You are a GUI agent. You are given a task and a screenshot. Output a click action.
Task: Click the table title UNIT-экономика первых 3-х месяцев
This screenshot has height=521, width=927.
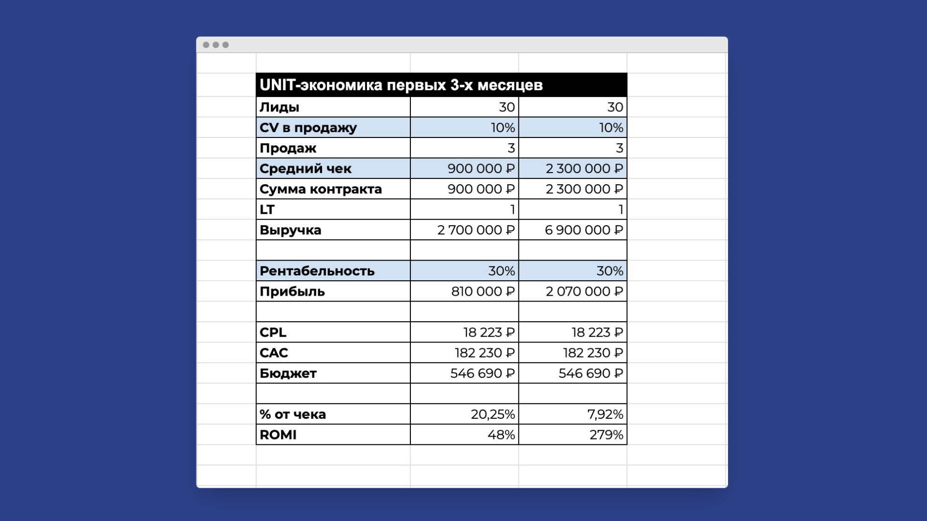(401, 85)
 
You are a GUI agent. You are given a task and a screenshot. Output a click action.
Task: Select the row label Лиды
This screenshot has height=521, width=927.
(280, 107)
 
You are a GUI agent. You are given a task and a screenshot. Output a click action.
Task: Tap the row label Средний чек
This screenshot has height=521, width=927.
(305, 168)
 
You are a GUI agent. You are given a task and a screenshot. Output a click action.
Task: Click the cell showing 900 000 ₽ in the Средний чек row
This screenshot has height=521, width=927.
(481, 168)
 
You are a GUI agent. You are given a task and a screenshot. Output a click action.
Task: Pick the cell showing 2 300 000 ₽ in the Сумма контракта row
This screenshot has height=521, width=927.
(584, 189)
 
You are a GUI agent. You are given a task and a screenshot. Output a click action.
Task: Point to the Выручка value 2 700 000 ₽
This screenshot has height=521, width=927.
(476, 230)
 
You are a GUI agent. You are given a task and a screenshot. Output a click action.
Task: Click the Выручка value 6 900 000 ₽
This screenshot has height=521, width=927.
(584, 230)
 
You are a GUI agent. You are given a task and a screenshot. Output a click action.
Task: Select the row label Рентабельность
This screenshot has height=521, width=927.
(317, 271)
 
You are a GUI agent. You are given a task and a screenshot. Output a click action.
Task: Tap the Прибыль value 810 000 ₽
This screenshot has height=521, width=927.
(483, 291)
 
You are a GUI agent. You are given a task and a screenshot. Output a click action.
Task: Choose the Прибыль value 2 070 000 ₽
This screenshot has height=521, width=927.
(584, 291)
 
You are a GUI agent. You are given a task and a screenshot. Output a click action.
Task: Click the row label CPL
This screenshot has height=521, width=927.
(273, 332)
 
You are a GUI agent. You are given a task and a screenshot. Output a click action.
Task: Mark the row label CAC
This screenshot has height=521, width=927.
(274, 353)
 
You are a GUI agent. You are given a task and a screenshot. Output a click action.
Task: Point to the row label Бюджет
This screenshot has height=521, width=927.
(288, 373)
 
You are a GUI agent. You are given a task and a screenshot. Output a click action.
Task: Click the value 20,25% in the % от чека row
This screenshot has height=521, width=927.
(492, 414)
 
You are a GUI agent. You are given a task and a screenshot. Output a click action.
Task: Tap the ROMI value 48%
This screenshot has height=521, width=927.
(501, 435)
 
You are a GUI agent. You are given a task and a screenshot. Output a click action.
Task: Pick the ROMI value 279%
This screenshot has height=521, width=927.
(606, 435)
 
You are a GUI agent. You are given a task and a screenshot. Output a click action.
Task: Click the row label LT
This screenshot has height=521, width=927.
(267, 209)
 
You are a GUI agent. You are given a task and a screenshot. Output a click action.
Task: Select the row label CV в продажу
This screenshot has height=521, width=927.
(308, 128)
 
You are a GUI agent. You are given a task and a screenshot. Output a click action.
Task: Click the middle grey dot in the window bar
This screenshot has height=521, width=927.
(216, 45)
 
